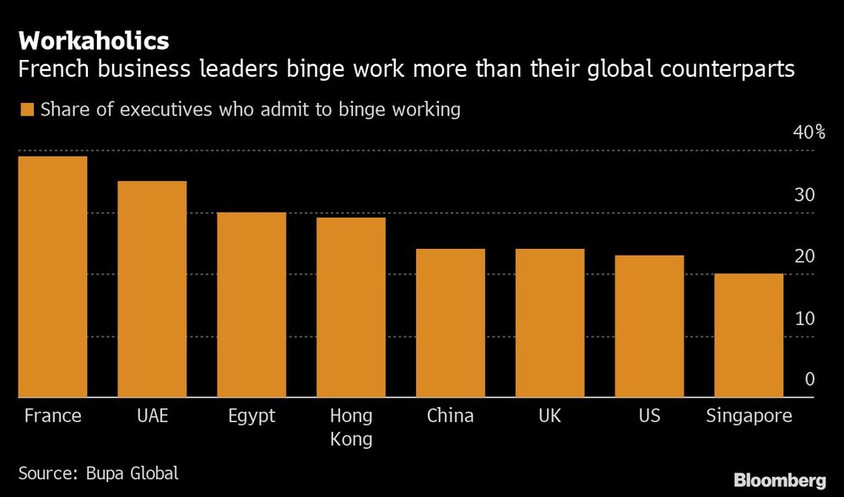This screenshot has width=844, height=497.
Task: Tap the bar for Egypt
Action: pyautogui.click(x=252, y=305)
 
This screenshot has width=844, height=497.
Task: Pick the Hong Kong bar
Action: pyautogui.click(x=351, y=307)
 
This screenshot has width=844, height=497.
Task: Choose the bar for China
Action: pyautogui.click(x=451, y=322)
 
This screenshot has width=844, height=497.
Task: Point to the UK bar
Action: pyautogui.click(x=550, y=322)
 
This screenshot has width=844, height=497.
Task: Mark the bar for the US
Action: pyautogui.click(x=649, y=326)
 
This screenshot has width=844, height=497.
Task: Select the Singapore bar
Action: pyautogui.click(x=749, y=335)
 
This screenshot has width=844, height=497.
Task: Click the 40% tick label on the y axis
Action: pyautogui.click(x=808, y=133)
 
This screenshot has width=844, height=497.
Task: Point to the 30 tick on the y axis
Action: pyautogui.click(x=803, y=195)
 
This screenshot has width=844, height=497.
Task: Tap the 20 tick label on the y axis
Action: pyautogui.click(x=803, y=257)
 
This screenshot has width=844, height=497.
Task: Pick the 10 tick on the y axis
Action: pyautogui.click(x=803, y=319)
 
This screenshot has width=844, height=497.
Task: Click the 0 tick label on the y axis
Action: pyautogui.click(x=809, y=380)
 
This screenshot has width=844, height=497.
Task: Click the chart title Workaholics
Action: pyautogui.click(x=94, y=41)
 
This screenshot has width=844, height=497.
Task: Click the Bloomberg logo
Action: pyautogui.click(x=779, y=481)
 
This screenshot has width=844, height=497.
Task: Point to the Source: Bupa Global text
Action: pyautogui.click(x=98, y=473)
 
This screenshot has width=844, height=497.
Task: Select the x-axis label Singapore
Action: pyautogui.click(x=749, y=416)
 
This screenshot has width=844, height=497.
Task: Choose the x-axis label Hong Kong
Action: pyautogui.click(x=351, y=428)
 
